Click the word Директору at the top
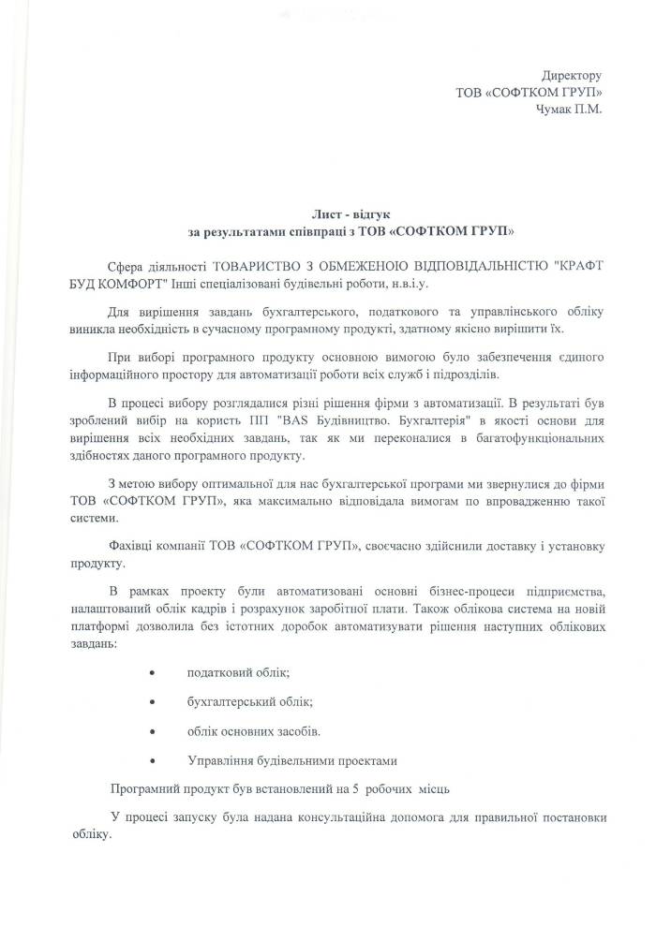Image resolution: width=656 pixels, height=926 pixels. click(572, 75)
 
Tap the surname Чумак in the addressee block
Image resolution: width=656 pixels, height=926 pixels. click(557, 110)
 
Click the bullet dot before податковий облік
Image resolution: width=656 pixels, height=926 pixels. click(152, 674)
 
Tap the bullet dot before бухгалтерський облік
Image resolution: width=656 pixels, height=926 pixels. click(152, 702)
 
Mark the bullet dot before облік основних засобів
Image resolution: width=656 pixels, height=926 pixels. click(152, 730)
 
